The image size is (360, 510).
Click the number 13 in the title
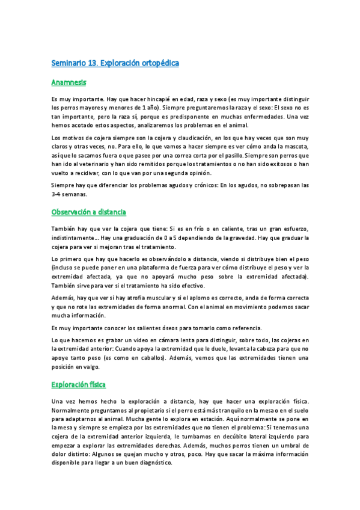click(x=91, y=63)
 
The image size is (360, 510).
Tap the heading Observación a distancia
click(x=88, y=212)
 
